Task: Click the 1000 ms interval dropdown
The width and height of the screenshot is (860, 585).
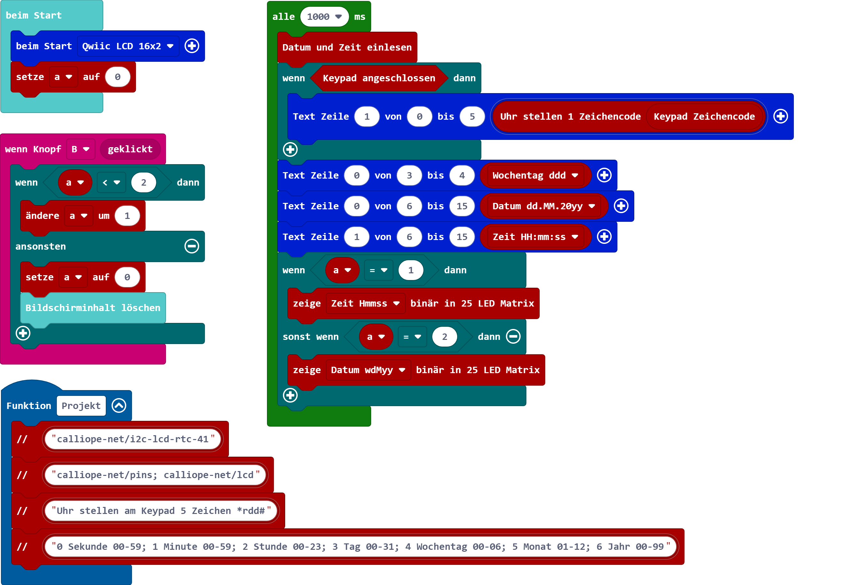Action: coord(324,17)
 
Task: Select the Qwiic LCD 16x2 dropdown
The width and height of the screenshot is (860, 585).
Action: coord(128,46)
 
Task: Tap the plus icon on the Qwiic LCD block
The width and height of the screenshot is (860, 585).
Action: coord(192,46)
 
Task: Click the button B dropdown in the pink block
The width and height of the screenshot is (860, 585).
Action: coord(80,149)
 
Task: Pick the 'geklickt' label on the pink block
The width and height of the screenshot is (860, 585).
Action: coord(130,149)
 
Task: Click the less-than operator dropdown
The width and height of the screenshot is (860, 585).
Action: coord(111,183)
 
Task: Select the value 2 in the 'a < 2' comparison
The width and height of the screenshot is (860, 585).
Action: coord(144,183)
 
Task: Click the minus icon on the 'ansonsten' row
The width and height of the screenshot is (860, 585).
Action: coord(192,246)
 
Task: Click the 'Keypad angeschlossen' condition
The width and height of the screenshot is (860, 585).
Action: coord(379,78)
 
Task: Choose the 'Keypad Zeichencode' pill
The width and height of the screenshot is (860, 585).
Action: coord(704,117)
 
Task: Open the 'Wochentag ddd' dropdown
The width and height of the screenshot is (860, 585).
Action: coord(535,176)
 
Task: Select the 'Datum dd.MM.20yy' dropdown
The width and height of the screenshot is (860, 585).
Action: coord(543,206)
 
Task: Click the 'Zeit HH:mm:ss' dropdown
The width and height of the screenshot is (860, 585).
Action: coord(535,237)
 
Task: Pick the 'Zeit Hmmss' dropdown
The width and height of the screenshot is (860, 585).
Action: coord(365,304)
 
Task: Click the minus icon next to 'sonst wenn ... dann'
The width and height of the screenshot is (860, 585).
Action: coord(513,337)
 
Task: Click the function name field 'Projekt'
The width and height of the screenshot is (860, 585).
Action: coord(81,406)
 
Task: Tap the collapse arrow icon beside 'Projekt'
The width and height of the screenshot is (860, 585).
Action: coord(119,406)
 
